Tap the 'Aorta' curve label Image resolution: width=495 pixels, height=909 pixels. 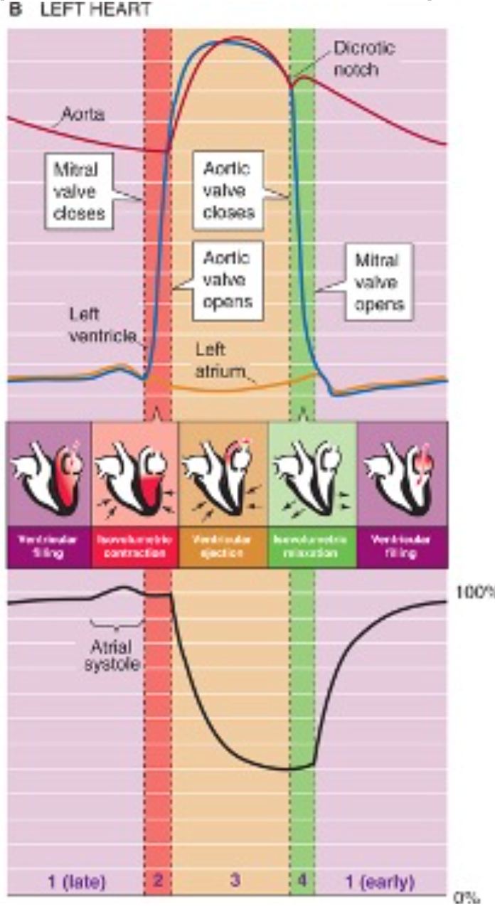[x=82, y=115]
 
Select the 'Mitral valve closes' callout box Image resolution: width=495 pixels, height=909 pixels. [x=80, y=191]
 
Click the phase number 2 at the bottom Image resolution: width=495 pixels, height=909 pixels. [x=158, y=881]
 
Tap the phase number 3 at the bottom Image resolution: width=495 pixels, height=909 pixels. [x=235, y=881]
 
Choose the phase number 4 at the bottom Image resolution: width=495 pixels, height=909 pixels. [x=302, y=881]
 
